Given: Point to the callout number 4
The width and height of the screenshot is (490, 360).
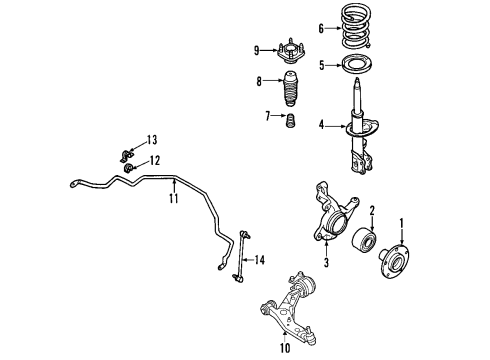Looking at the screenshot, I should pyautogui.click(x=321, y=125).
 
